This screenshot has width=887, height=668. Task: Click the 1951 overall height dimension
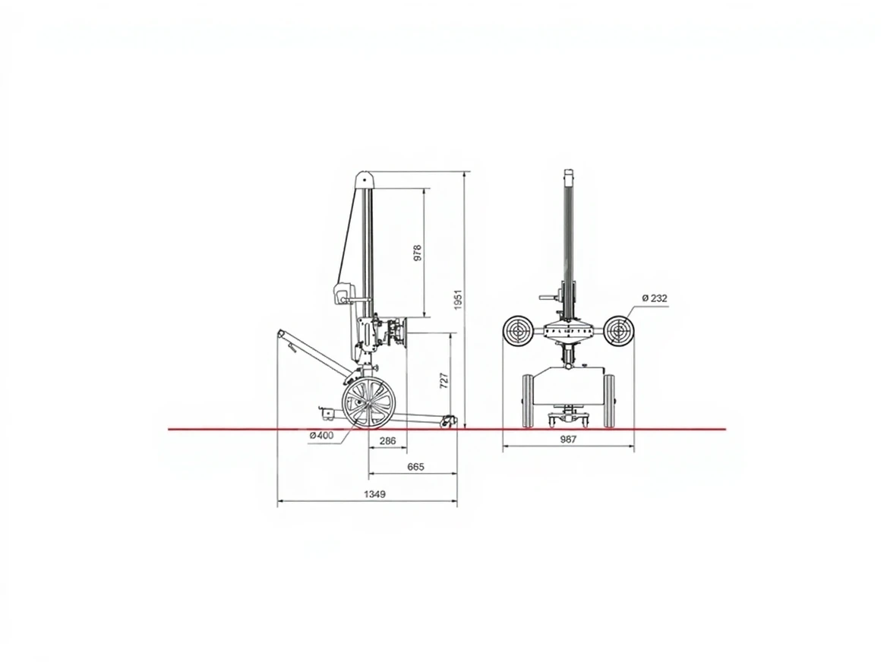pyautogui.click(x=458, y=299)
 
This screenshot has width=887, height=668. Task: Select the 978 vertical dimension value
pyautogui.click(x=418, y=252)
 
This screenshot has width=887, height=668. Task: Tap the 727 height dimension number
pyautogui.click(x=444, y=380)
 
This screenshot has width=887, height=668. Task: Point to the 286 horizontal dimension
pyautogui.click(x=387, y=440)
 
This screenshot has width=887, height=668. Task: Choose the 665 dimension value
pyautogui.click(x=415, y=467)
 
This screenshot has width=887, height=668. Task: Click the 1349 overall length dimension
pyautogui.click(x=374, y=494)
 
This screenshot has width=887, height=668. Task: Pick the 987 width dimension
pyautogui.click(x=568, y=440)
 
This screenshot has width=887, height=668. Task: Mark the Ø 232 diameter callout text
pyautogui.click(x=655, y=298)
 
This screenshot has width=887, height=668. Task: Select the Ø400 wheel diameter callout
pyautogui.click(x=321, y=436)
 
